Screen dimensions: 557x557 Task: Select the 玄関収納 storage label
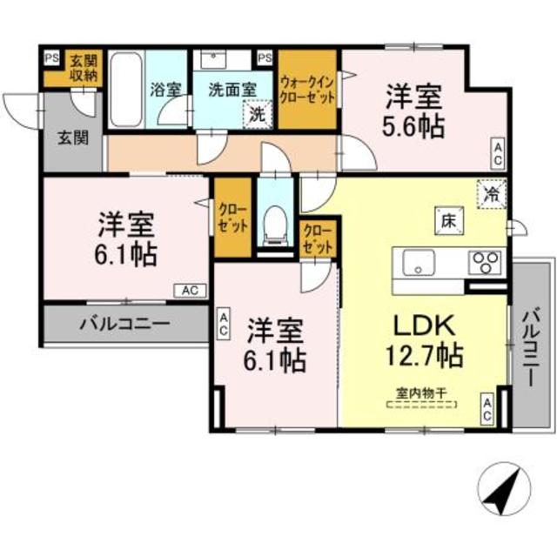[x=85, y=68]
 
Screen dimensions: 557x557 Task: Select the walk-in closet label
[x=307, y=90]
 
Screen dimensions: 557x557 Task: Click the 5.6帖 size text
[x=413, y=126]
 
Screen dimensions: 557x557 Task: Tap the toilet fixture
[x=274, y=225]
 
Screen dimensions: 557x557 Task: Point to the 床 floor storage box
[x=446, y=221]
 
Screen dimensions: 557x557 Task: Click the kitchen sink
[x=418, y=261]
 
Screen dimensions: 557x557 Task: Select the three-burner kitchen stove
[x=485, y=261]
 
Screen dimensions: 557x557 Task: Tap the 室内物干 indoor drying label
[x=422, y=394]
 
